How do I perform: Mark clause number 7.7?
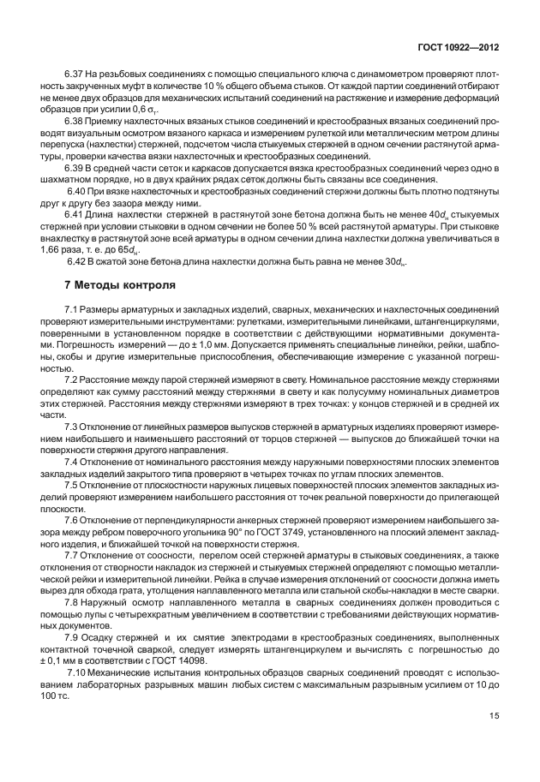[x=73, y=555]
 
